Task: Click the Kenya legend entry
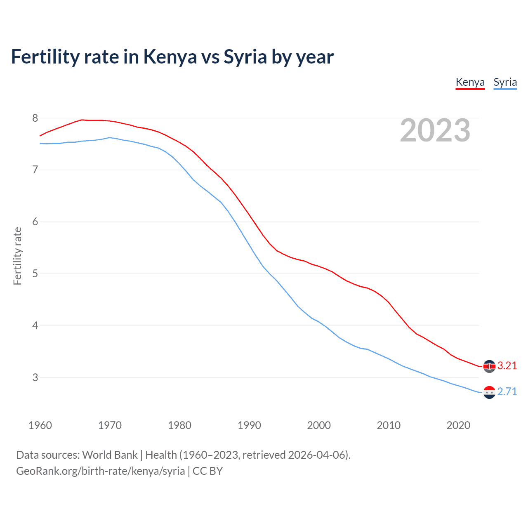[x=470, y=82]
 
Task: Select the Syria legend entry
[x=505, y=82]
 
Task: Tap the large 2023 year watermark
[x=435, y=130]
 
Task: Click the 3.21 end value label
[x=507, y=366]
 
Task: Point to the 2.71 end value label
[x=507, y=392]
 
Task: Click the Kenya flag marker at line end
[x=489, y=366]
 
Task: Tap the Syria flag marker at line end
[x=489, y=392]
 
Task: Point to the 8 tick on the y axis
[x=35, y=118]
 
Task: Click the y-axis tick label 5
[x=35, y=274]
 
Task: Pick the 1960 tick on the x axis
[x=40, y=425]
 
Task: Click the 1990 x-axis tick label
[x=249, y=425]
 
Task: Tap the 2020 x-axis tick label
[x=458, y=425]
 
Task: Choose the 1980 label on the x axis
[x=179, y=425]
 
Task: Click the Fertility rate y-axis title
[x=17, y=256]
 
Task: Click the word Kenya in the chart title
[x=170, y=57]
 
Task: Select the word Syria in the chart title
[x=245, y=57]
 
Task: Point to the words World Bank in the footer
[x=110, y=455]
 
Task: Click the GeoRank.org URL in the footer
[x=100, y=471]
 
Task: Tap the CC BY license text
[x=207, y=471]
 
